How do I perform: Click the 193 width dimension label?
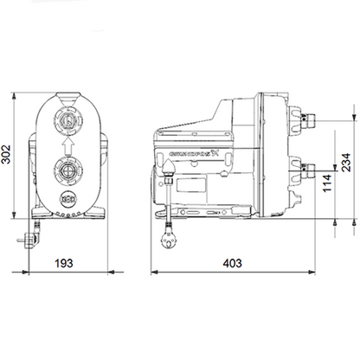tap(61, 262)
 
